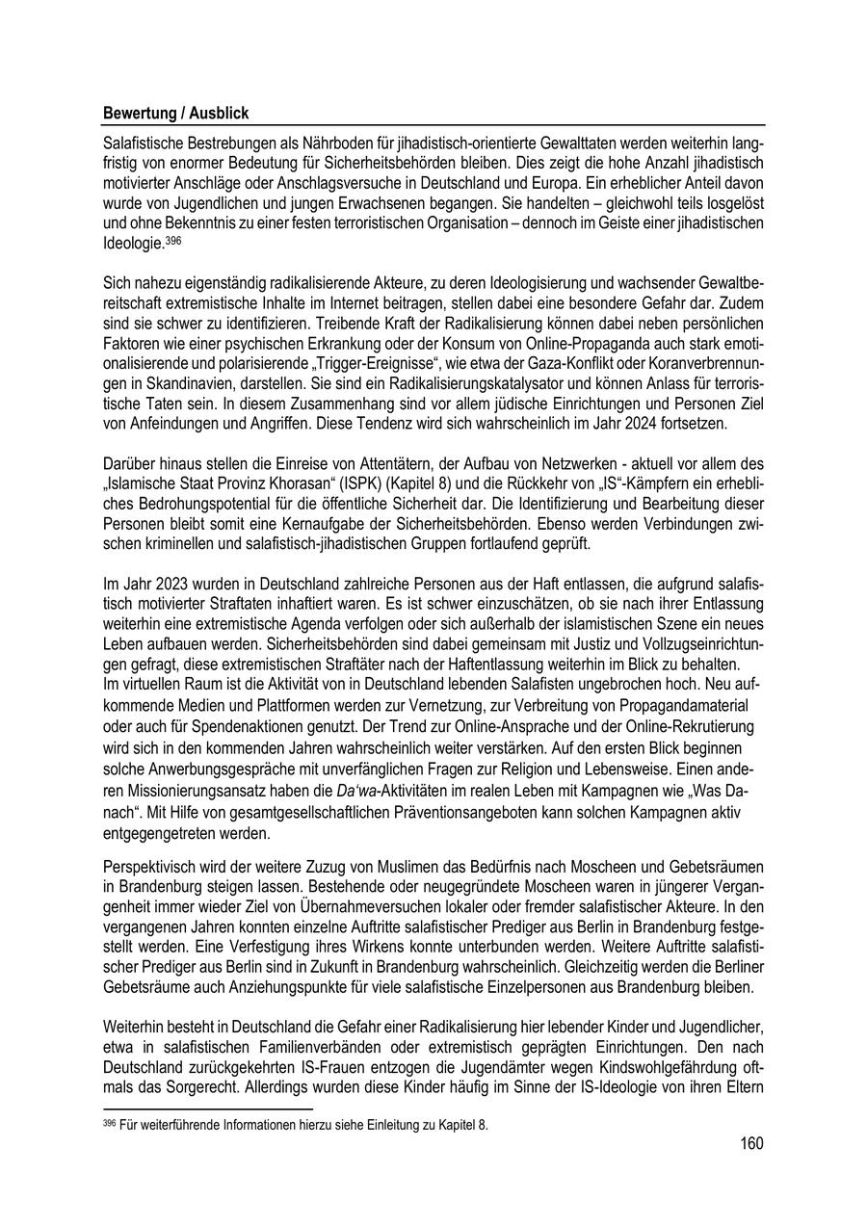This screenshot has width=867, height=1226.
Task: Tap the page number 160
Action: (751, 1144)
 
